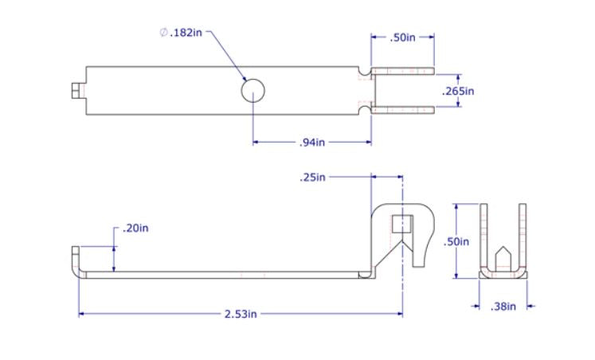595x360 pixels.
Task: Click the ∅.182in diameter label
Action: (182, 33)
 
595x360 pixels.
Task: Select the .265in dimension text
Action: (458, 91)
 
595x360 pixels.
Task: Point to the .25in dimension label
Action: (312, 177)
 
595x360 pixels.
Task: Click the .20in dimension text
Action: (135, 229)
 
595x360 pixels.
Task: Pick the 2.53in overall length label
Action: (240, 314)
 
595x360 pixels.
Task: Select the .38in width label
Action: (503, 306)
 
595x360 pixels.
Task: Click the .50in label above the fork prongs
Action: (403, 37)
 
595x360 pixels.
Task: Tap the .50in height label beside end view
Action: (456, 241)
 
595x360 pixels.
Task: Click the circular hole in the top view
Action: (252, 92)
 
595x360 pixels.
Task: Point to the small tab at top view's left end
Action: (76, 91)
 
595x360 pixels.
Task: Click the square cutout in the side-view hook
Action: (402, 224)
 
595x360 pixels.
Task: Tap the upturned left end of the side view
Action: (76, 260)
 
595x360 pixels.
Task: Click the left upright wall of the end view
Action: (483, 235)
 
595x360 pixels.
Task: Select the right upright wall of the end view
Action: (523, 235)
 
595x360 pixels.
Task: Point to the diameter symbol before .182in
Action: (163, 33)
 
